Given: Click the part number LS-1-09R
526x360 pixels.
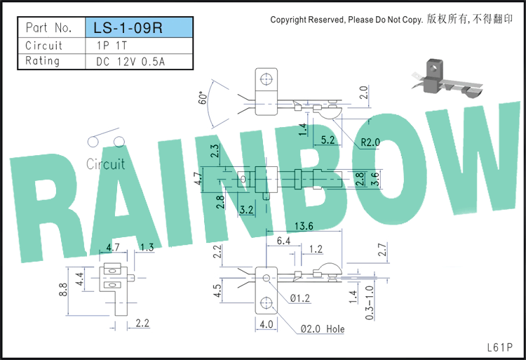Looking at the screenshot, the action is [x=128, y=28].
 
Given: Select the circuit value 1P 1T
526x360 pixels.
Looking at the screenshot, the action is [x=112, y=46].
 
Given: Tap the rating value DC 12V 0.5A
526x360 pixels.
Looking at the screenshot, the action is [x=130, y=62].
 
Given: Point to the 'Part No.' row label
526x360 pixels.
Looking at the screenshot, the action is [x=48, y=27].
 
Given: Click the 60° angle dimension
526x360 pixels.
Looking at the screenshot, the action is [x=203, y=98].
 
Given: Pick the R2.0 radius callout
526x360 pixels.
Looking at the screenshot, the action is [x=370, y=142].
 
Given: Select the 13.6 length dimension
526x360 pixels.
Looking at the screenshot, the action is [x=304, y=226].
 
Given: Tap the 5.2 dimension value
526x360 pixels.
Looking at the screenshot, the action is [x=328, y=140].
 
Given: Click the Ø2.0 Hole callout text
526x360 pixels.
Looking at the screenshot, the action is [x=323, y=329].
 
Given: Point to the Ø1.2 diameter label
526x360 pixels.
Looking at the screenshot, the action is [x=300, y=298].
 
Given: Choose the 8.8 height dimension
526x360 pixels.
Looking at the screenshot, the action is [x=62, y=290].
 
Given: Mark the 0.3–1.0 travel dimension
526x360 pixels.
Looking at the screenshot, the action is [x=369, y=302].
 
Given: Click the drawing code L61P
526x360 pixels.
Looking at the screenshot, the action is [x=500, y=347].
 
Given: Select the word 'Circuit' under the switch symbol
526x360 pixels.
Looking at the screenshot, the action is [x=106, y=164].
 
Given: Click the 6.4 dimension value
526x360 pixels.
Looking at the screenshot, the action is [x=283, y=241].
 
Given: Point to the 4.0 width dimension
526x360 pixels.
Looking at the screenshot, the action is [x=267, y=324].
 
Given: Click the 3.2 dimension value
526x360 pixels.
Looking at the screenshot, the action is [x=246, y=210].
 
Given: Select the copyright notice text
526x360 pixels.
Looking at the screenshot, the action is [x=391, y=20].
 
